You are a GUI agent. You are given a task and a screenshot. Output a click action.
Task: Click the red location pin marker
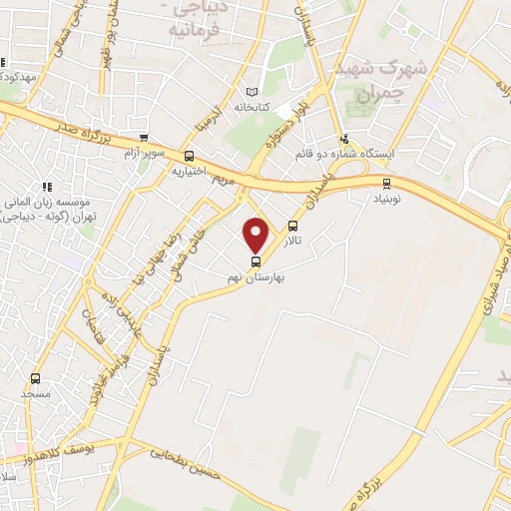click(x=256, y=234)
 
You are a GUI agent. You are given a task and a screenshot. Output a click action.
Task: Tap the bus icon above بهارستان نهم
click(x=256, y=260)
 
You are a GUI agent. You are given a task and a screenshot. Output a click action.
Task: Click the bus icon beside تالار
click(x=292, y=227)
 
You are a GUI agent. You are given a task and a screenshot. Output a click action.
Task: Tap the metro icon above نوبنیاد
click(x=386, y=183)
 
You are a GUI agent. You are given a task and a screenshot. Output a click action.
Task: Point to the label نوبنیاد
click(x=386, y=198)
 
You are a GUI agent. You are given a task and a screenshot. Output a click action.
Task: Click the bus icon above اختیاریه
click(x=190, y=156)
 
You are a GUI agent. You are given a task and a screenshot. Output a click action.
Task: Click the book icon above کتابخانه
click(x=263, y=90)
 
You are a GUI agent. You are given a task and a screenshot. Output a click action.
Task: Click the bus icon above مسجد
click(x=36, y=378)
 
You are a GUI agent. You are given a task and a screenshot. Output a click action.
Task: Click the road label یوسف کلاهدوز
click(x=76, y=455)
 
